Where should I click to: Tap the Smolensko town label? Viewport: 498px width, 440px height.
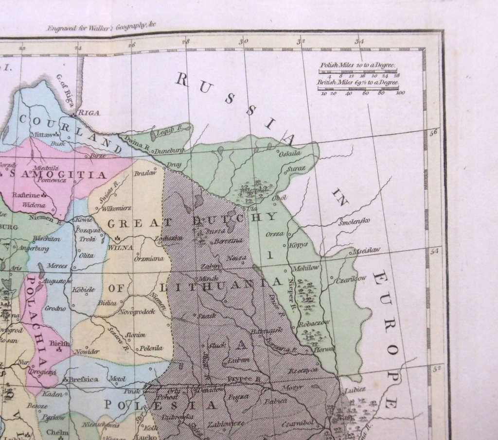pyautogui.click(x=354, y=222)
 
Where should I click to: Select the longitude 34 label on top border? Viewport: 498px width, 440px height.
pyautogui.click(x=359, y=42)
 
